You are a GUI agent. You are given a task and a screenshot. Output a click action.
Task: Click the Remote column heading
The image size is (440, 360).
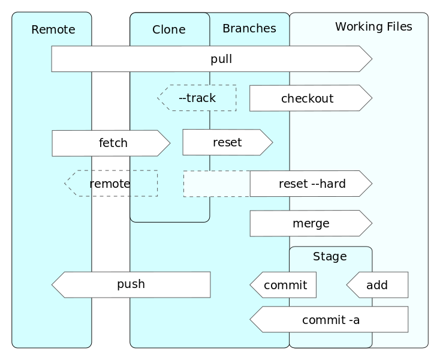[53, 29]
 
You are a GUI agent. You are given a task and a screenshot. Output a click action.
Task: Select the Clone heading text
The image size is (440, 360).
[168, 29]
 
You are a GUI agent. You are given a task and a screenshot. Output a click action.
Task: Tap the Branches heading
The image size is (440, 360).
[249, 28]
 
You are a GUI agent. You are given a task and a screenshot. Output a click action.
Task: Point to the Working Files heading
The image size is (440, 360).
[373, 26]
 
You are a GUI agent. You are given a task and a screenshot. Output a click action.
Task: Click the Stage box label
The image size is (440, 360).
[330, 257]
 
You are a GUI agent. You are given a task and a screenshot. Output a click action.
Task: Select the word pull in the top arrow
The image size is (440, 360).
[221, 59]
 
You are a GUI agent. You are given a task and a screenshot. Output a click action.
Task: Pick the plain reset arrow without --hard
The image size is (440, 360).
[227, 142]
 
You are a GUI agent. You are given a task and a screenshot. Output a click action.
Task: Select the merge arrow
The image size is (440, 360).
[311, 224]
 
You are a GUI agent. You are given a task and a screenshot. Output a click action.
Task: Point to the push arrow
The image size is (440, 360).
[131, 284]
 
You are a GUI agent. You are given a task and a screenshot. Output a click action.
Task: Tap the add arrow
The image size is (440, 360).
[377, 285]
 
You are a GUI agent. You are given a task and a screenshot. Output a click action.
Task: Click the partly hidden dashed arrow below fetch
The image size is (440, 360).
[111, 184]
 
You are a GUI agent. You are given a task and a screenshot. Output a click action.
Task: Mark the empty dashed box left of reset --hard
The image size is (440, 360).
[216, 184]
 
